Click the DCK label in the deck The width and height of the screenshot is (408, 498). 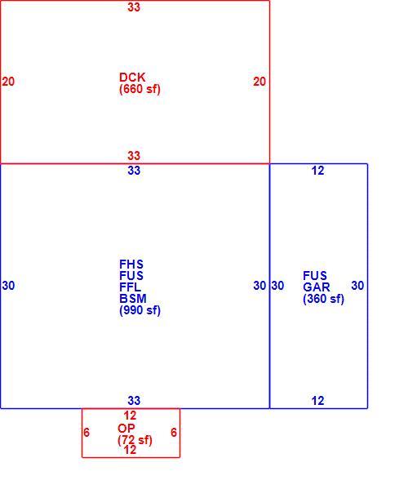coord(132,78)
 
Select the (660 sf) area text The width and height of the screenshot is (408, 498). coord(140,89)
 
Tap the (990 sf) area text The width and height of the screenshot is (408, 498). coord(140,310)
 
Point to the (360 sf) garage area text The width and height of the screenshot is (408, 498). coord(323,299)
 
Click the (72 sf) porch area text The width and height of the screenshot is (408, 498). coord(135,440)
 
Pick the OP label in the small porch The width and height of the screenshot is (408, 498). coord(126,429)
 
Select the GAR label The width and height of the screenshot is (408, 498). coord(317,287)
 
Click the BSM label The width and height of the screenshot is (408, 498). coord(133,299)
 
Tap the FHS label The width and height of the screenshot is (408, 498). coord(131,265)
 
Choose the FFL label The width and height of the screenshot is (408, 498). coord(130,287)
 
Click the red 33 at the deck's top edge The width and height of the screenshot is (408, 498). coord(134,7)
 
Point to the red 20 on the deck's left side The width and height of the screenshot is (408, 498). coord(8,82)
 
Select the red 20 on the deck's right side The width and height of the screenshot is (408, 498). coord(259,82)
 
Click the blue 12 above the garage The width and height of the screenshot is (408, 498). coord(317,171)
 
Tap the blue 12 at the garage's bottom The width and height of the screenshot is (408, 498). coord(317,401)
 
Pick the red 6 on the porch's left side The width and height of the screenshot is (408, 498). coord(86,432)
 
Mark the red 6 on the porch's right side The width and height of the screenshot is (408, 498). coord(174,432)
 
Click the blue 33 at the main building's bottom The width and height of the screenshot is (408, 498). coord(134,401)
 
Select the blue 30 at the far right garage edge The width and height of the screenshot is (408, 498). coord(357,286)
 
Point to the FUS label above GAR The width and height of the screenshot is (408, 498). coord(315,275)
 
